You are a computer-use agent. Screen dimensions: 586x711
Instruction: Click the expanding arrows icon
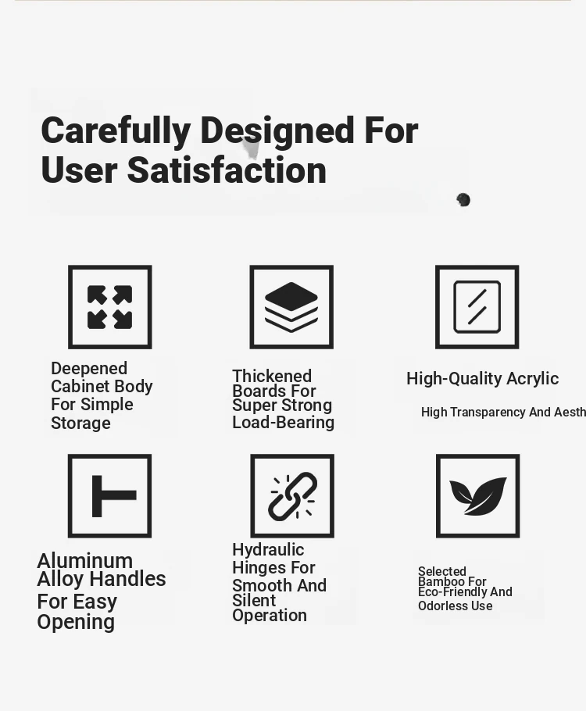tap(109, 307)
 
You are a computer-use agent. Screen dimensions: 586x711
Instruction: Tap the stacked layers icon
tap(291, 307)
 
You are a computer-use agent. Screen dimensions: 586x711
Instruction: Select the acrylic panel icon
tap(477, 307)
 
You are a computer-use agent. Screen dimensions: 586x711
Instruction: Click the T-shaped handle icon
tap(114, 496)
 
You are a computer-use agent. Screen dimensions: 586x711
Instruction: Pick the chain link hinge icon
tap(292, 496)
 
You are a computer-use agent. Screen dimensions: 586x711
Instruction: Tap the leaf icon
tap(478, 496)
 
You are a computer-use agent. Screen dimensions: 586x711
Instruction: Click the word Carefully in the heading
tap(116, 131)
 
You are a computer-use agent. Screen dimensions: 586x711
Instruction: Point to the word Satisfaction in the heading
tap(227, 170)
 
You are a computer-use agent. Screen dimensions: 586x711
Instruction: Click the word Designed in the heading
tap(277, 131)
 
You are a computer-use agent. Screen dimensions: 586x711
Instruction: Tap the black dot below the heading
tap(463, 199)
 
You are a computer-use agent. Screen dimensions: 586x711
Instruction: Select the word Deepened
tap(89, 368)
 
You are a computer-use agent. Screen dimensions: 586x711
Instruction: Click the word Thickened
tap(272, 376)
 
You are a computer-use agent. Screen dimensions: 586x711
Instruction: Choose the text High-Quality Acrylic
tap(483, 379)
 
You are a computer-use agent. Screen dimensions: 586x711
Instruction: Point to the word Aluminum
tap(85, 561)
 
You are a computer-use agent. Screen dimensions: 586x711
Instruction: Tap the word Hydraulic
tap(268, 550)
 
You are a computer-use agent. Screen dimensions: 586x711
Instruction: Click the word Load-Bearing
tap(284, 422)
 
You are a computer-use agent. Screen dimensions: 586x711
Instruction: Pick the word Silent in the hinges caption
tap(254, 600)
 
